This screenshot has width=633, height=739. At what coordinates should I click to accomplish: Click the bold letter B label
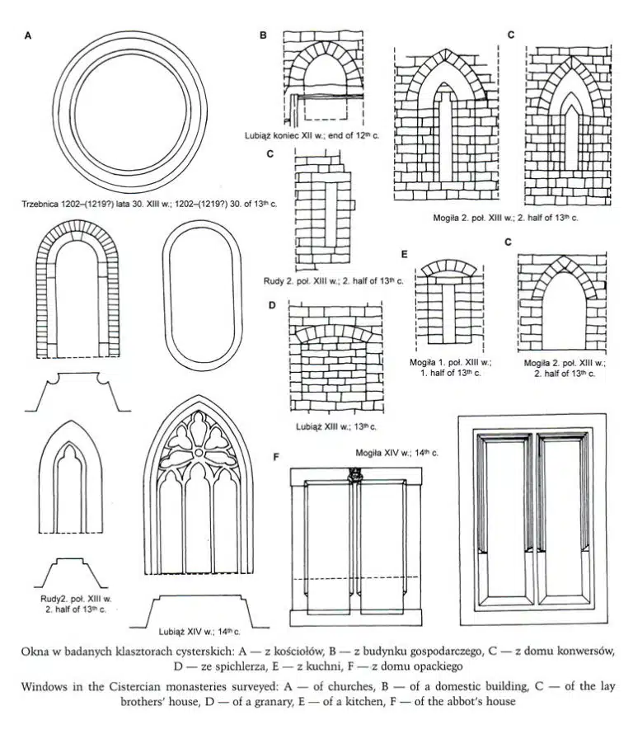tap(263, 35)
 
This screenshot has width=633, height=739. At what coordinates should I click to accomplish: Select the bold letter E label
tap(403, 253)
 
